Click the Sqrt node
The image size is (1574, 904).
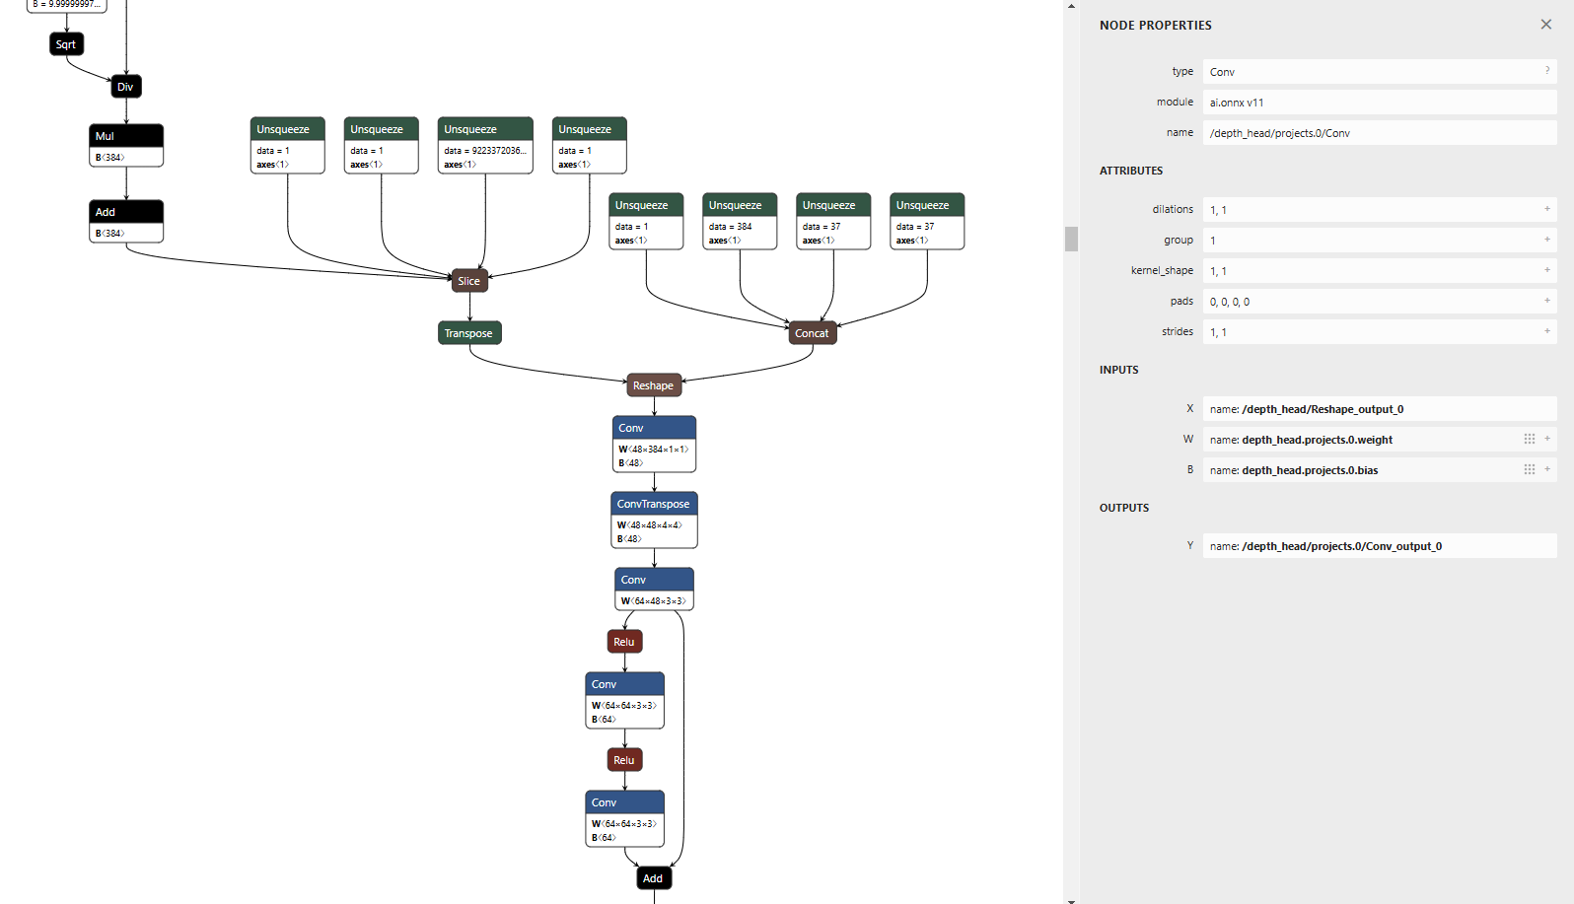(66, 44)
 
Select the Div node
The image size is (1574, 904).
(125, 87)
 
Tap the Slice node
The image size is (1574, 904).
(469, 281)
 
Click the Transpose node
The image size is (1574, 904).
(468, 333)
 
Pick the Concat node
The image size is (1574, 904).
(812, 333)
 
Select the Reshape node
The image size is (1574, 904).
(653, 385)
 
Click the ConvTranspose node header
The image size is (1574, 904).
(653, 504)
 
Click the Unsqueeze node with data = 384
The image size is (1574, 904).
(740, 206)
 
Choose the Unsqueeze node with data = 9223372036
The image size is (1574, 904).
(484, 130)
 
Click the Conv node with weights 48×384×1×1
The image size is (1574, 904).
(653, 428)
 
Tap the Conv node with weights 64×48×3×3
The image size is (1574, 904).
(653, 580)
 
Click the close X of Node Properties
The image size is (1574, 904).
(1545, 25)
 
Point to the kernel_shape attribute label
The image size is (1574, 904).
(1162, 270)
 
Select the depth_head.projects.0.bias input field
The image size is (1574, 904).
(1361, 470)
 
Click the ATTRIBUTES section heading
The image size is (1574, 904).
(1131, 171)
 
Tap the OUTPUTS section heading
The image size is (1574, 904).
(1124, 508)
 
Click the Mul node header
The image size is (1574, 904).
(125, 136)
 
